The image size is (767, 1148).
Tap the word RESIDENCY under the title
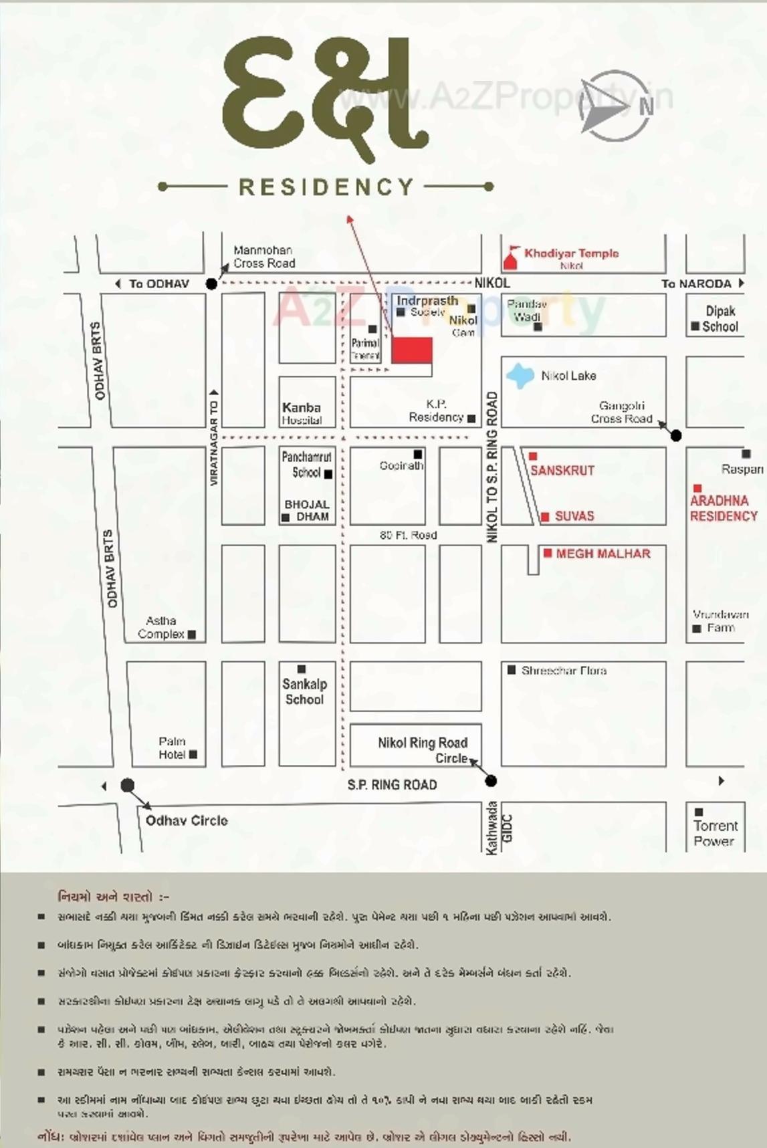pyautogui.click(x=326, y=187)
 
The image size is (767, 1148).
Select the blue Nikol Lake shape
pyautogui.click(x=520, y=375)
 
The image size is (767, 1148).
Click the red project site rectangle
pyautogui.click(x=411, y=350)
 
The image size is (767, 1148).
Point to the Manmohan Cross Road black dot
pyautogui.click(x=211, y=283)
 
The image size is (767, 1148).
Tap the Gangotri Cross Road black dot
pyautogui.click(x=676, y=435)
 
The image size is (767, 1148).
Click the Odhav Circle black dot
pyautogui.click(x=127, y=785)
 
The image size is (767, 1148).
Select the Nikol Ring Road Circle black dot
pyautogui.click(x=491, y=780)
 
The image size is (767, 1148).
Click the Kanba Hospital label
pyautogui.click(x=302, y=413)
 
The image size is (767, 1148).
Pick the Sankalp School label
pyautogui.click(x=304, y=691)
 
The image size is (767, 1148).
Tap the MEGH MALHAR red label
pyautogui.click(x=602, y=554)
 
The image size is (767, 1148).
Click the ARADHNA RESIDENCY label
pyautogui.click(x=724, y=508)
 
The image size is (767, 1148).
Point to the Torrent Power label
pyautogui.click(x=715, y=833)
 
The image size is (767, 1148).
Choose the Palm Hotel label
pyautogui.click(x=172, y=748)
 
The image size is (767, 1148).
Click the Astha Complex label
pyautogui.click(x=161, y=627)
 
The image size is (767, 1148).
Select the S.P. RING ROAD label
pyautogui.click(x=392, y=785)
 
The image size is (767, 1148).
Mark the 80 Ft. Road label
pyautogui.click(x=408, y=535)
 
